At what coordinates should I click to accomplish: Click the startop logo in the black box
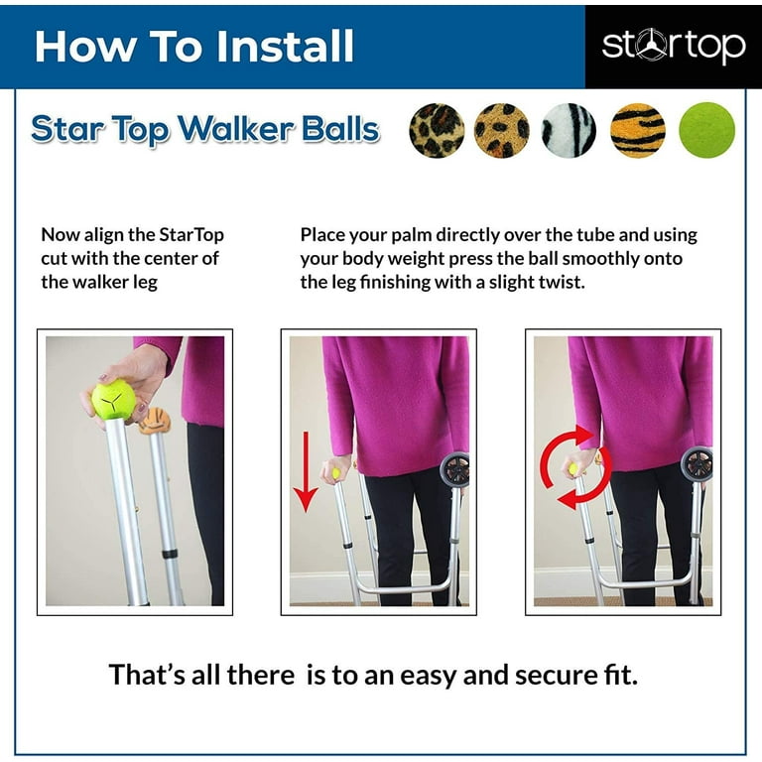pyautogui.click(x=674, y=46)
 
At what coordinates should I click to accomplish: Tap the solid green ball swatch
pyautogui.click(x=707, y=130)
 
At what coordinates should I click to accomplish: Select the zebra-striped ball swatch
pyautogui.click(x=570, y=130)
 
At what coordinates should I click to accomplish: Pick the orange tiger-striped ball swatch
pyautogui.click(x=638, y=130)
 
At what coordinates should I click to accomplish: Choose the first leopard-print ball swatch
pyautogui.click(x=437, y=130)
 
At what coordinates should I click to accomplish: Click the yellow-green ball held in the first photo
pyautogui.click(x=113, y=399)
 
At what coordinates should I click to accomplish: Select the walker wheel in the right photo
pyautogui.click(x=698, y=464)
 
